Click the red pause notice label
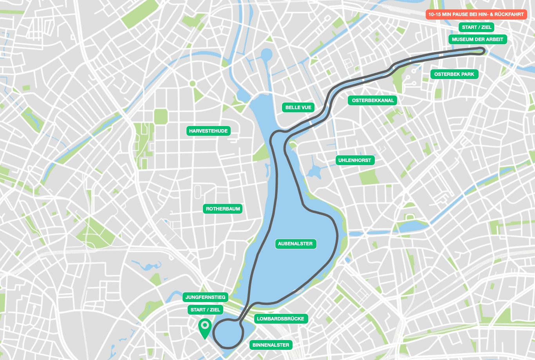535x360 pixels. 476,14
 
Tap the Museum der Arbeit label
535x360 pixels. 477,40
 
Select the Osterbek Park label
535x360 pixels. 454,74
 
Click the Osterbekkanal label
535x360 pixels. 372,101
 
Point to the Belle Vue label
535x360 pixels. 298,108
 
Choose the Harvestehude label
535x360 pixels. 208,131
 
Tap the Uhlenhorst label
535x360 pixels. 354,160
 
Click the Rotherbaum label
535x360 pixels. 223,209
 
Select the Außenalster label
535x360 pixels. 295,244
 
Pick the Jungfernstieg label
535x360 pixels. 205,297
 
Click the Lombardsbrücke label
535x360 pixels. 280,319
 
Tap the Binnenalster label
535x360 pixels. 271,345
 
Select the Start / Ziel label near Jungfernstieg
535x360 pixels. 205,310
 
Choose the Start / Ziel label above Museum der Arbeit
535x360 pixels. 476,27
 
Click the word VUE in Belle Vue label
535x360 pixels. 306,108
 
